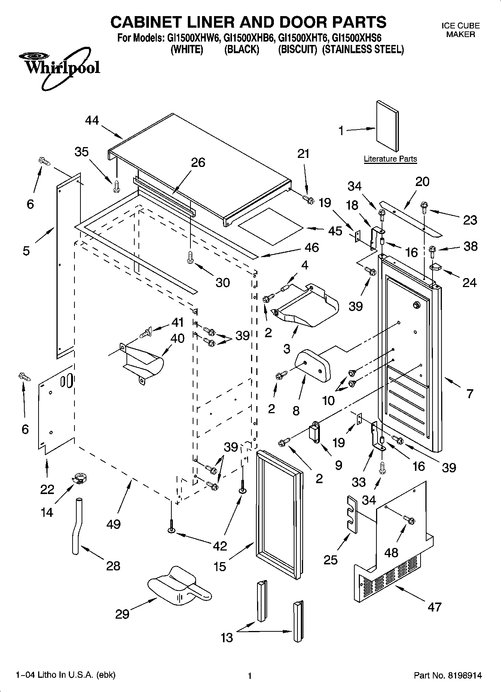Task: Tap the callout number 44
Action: (92, 120)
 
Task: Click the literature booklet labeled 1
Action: (387, 126)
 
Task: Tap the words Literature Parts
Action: (390, 159)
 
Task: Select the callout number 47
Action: (434, 607)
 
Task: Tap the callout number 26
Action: (198, 162)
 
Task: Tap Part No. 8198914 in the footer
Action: (447, 676)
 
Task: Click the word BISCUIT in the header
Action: (297, 49)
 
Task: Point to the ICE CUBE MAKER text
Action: (461, 30)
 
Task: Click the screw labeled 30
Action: (189, 257)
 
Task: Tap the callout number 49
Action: (113, 524)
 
